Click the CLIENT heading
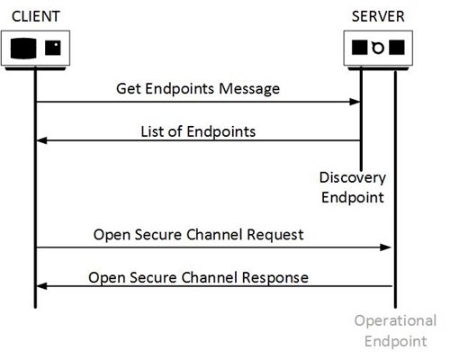tap(36, 16)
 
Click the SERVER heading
tap(378, 16)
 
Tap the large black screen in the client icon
tap(23, 49)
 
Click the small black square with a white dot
tap(53, 48)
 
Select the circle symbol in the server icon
tap(378, 48)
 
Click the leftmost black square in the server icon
tap(359, 48)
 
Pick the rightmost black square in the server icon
tap(397, 48)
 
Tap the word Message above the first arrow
tap(249, 89)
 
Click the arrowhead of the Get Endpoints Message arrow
tap(355, 102)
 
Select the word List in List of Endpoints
tap(152, 131)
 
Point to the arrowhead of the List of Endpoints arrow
tap(41, 140)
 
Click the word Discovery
tap(353, 177)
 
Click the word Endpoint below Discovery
tap(353, 197)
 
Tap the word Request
tap(275, 235)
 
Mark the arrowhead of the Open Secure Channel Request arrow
tap(386, 247)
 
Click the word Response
tap(275, 277)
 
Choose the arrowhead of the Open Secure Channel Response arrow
tap(41, 286)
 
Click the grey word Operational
tap(395, 320)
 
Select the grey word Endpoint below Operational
tap(395, 341)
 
